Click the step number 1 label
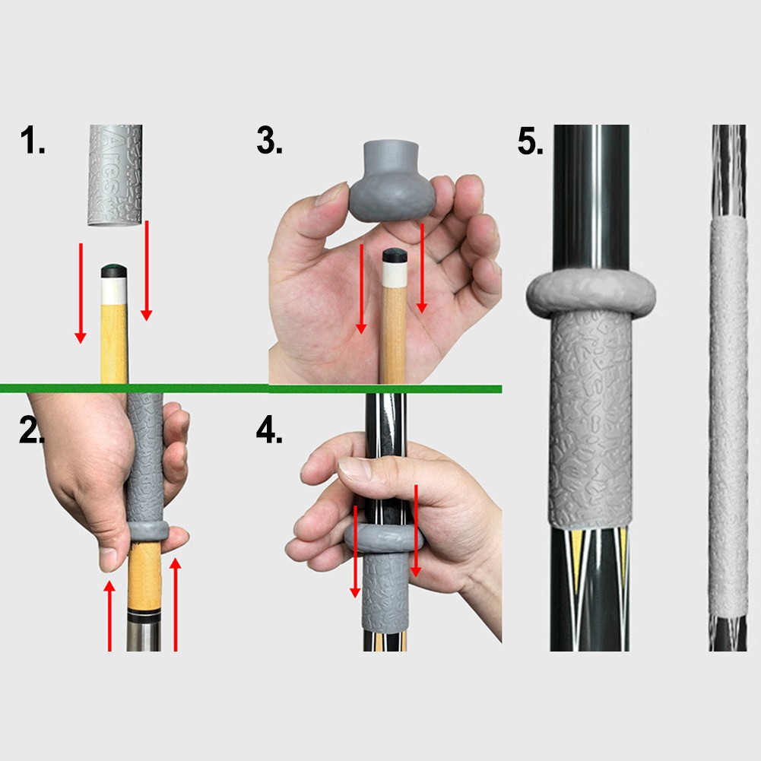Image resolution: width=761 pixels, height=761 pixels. tap(33, 140)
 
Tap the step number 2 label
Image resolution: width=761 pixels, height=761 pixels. tap(31, 430)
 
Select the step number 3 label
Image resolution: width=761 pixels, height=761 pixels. tap(269, 140)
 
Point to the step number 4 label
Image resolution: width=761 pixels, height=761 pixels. tap(269, 430)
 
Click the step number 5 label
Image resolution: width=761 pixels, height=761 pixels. tap(531, 141)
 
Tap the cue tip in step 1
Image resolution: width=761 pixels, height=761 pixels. tap(114, 271)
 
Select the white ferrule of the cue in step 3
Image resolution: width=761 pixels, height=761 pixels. tap(394, 274)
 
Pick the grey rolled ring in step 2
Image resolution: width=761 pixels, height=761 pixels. tap(148, 531)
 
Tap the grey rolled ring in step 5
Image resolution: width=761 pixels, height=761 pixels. tap(591, 293)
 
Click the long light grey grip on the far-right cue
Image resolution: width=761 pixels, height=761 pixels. tap(728, 417)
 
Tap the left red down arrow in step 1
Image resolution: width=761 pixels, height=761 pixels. tap(81, 293)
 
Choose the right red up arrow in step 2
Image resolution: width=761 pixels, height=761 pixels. tap(175, 604)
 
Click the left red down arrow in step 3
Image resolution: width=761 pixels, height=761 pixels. tap(360, 289)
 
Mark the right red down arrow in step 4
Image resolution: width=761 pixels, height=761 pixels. tap(416, 531)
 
